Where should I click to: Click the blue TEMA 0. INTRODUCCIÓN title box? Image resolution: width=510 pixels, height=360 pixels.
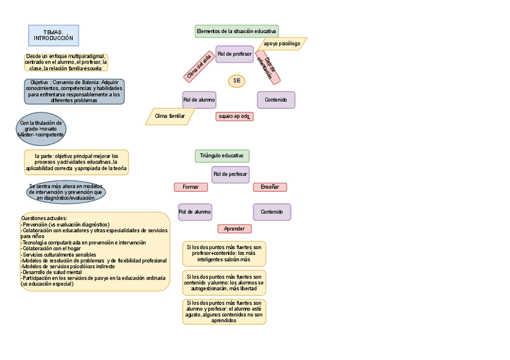click(53, 35)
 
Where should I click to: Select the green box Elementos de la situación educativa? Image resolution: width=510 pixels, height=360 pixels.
click(236, 31)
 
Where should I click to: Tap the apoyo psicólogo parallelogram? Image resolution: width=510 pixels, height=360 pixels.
click(282, 43)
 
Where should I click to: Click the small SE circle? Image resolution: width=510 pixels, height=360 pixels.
click(236, 81)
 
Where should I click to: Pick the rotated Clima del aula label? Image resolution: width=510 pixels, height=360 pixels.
click(199, 66)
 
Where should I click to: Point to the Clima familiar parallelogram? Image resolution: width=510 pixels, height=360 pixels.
click(170, 116)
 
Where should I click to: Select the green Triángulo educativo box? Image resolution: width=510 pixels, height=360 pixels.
click(222, 156)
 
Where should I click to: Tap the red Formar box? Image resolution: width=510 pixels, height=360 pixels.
click(191, 187)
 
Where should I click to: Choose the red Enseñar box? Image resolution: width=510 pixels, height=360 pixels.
click(269, 187)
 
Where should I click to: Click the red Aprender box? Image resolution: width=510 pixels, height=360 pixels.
click(235, 228)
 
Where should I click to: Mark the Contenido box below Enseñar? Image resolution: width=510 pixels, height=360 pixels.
click(272, 212)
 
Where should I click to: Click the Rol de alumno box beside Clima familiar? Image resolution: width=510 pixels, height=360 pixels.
click(199, 100)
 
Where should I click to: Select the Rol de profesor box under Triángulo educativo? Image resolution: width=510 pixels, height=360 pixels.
click(230, 174)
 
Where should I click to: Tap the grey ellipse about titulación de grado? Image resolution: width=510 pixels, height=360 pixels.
click(41, 129)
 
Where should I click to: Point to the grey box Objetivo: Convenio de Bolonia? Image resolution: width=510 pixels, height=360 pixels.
click(74, 91)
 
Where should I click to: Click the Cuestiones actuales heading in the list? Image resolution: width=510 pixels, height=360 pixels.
click(44, 218)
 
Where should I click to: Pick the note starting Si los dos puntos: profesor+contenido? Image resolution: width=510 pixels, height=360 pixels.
click(224, 254)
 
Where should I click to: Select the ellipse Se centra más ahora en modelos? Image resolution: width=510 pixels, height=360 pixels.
click(66, 192)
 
